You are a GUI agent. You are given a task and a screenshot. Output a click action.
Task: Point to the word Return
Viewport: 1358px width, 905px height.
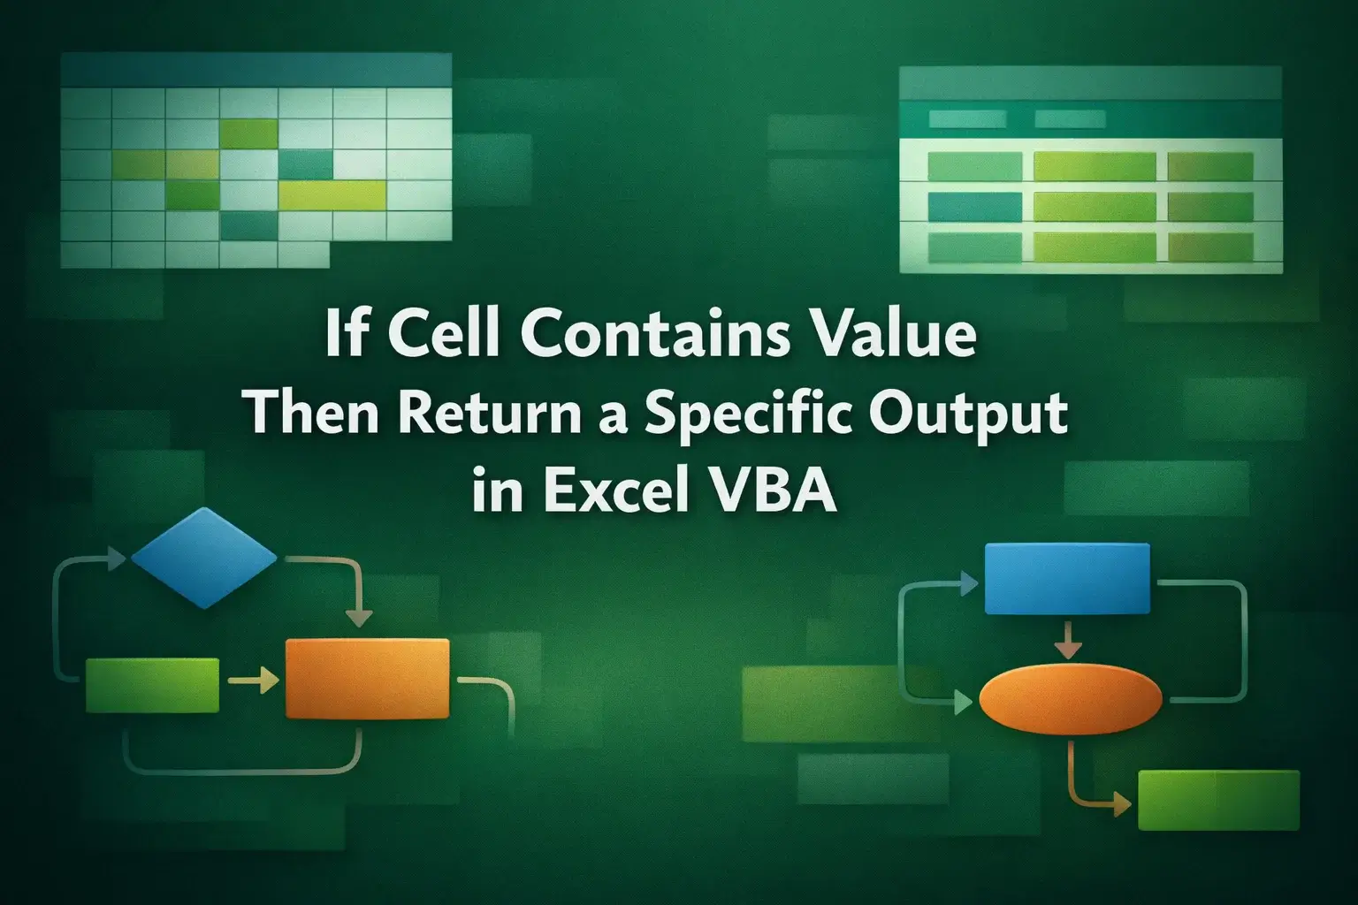click(x=474, y=414)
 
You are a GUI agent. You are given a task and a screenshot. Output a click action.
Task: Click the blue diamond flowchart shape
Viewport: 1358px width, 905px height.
click(x=204, y=557)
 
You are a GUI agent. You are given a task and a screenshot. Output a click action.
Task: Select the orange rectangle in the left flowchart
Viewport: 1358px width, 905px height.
click(x=367, y=679)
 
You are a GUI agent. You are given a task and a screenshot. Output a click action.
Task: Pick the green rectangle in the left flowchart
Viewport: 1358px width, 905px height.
click(x=152, y=685)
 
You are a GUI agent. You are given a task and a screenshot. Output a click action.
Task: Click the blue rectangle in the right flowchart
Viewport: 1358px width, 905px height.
click(x=1067, y=579)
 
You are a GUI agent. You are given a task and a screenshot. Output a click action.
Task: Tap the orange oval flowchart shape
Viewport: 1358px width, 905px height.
click(x=1071, y=698)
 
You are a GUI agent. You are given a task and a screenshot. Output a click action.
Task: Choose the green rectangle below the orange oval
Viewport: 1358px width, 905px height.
click(x=1217, y=800)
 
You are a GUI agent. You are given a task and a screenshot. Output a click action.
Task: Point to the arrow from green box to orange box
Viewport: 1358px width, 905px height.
click(x=253, y=681)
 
